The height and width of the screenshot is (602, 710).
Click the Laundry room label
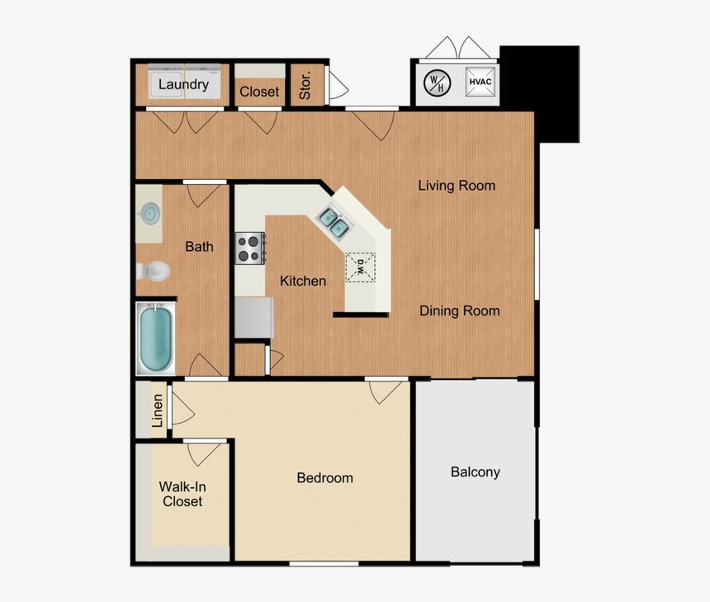(183, 84)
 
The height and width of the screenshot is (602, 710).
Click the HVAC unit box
(480, 82)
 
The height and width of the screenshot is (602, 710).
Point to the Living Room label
(457, 186)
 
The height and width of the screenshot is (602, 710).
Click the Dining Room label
(459, 311)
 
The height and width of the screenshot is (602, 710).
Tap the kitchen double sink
(334, 221)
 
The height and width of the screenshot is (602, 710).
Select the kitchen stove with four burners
(250, 248)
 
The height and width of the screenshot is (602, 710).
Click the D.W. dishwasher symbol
(361, 267)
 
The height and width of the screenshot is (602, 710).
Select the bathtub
(155, 339)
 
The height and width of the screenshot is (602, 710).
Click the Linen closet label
(158, 410)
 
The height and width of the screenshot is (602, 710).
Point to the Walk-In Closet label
(182, 494)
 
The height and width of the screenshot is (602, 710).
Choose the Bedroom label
(324, 478)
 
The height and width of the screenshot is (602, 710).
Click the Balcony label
(475, 472)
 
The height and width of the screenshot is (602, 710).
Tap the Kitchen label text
(302, 282)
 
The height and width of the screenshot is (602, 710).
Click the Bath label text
(199, 246)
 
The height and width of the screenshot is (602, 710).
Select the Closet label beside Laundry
(259, 92)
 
